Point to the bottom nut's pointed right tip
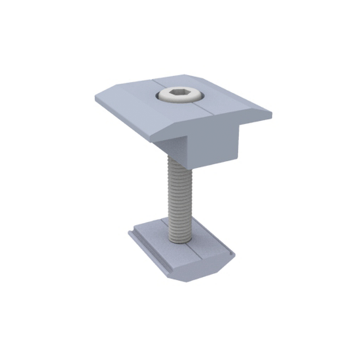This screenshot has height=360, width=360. (x=234, y=254)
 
